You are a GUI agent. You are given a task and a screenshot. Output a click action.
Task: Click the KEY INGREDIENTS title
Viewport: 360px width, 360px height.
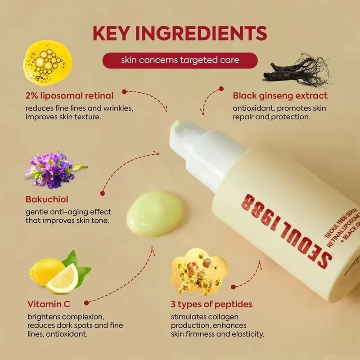coord(180,34)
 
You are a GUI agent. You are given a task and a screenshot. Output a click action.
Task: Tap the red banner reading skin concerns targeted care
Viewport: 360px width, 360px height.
coord(180,60)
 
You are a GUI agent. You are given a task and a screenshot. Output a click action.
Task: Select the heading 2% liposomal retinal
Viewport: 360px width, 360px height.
coord(70,95)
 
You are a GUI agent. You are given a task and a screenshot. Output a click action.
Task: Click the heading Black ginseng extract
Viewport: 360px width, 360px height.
coord(280,95)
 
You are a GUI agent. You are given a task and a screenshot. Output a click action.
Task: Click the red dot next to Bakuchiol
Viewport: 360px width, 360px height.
coord(103,193)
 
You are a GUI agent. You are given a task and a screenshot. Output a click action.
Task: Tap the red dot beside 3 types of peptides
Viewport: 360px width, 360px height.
coord(233,287)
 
